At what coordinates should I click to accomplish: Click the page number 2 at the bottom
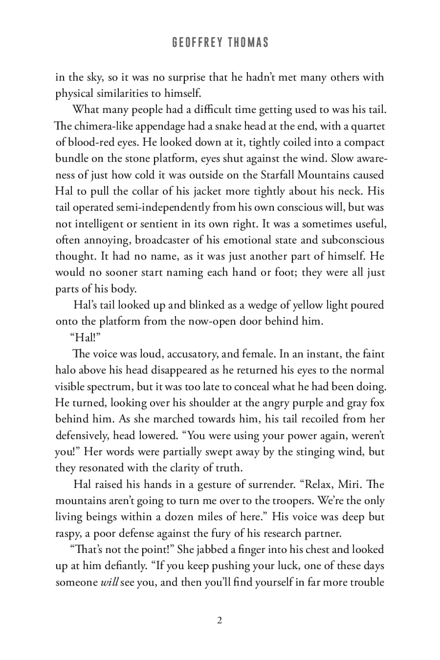pyautogui.click(x=220, y=621)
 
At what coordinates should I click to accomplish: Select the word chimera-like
pyautogui.click(x=95, y=126)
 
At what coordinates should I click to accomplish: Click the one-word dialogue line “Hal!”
pyautogui.click(x=82, y=338)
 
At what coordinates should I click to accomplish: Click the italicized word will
pyautogui.click(x=109, y=582)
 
